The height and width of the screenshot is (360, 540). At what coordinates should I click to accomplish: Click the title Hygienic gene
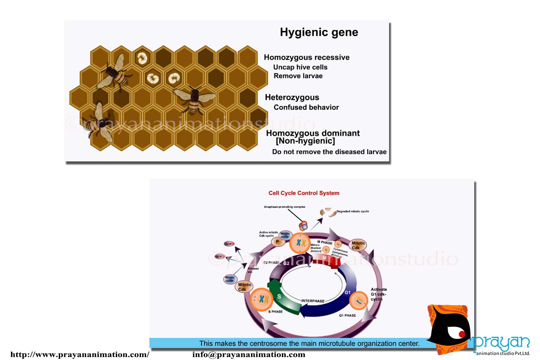tap(319, 32)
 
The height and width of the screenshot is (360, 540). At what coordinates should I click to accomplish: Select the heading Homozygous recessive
tap(307, 57)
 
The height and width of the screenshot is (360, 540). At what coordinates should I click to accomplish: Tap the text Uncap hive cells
tap(300, 67)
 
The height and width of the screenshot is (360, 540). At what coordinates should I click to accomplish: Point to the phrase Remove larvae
tap(298, 76)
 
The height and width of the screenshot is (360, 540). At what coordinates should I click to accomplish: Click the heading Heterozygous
tap(292, 97)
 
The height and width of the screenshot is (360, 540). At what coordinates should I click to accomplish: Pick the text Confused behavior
tap(306, 107)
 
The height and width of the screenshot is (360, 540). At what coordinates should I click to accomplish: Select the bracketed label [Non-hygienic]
tap(305, 141)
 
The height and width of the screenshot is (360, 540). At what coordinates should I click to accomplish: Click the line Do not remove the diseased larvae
tap(329, 152)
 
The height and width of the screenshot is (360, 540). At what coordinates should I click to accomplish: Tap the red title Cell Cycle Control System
tap(304, 193)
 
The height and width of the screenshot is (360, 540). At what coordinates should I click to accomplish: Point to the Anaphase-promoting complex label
tap(284, 207)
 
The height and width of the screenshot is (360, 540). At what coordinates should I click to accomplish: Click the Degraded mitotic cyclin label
tap(352, 211)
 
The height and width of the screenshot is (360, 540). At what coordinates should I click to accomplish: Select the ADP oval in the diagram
tap(229, 244)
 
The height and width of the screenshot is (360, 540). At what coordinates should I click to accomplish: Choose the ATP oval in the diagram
tap(219, 256)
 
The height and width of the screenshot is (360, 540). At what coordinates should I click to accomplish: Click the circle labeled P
tap(277, 241)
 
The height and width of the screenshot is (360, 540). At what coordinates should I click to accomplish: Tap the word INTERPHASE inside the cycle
tap(313, 301)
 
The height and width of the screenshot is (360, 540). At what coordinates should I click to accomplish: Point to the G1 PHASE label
tap(347, 316)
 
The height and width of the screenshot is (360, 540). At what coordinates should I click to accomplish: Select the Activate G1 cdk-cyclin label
tap(379, 294)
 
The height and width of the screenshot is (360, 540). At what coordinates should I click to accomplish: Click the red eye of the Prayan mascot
tap(461, 334)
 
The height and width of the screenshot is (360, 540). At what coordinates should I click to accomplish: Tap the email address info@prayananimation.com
tap(249, 355)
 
